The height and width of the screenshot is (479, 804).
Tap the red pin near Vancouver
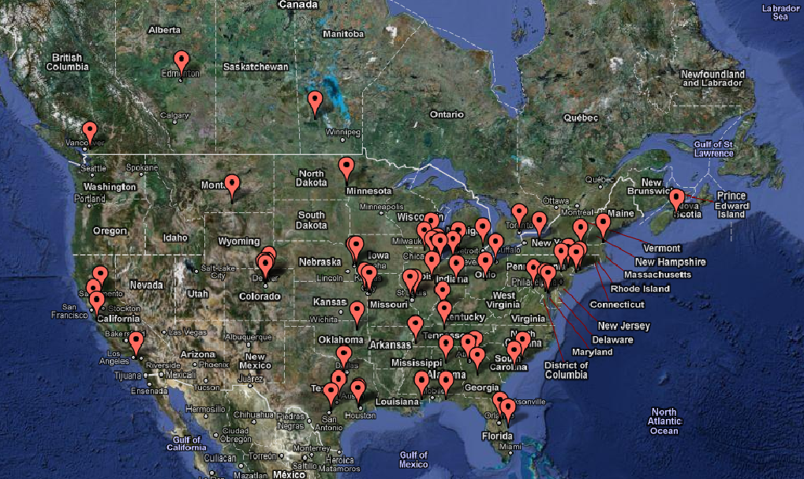pos(89,132)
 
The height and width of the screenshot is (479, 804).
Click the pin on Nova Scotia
pos(676,199)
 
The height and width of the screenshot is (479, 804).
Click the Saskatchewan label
pos(256,67)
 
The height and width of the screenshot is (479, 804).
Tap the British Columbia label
pos(68,62)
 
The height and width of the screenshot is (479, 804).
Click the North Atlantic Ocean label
pos(664,421)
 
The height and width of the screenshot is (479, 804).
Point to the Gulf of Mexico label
pos(413,459)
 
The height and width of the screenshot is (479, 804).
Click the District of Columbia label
pos(566,370)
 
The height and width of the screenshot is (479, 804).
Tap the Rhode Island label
pos(640,289)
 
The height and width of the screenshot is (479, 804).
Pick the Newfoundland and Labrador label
pos(712,78)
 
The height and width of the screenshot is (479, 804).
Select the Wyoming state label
pos(238,241)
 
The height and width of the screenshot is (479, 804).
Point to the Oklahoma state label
pos(340,340)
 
